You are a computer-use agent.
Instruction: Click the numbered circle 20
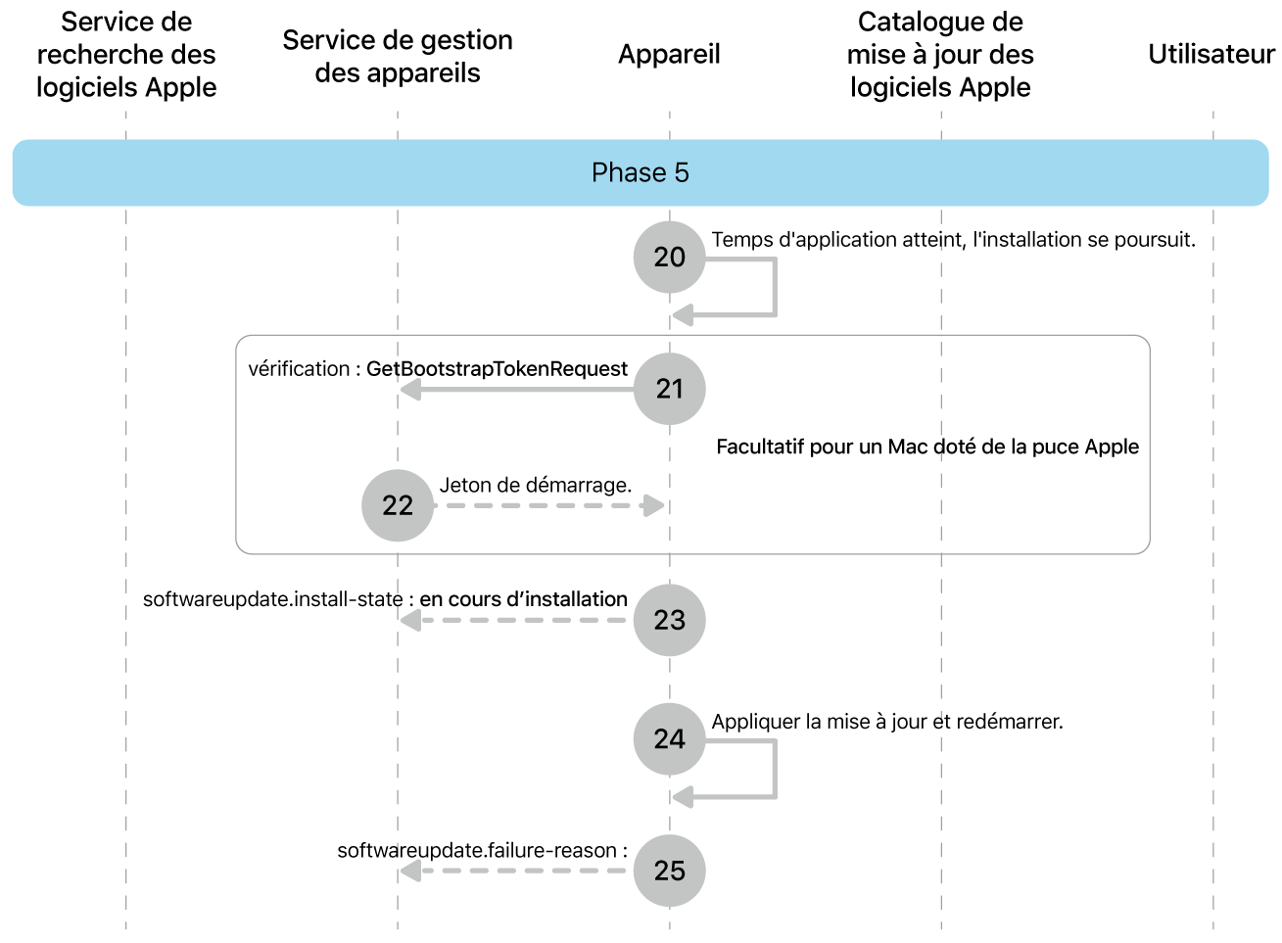coord(669,257)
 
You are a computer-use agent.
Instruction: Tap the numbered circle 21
coord(669,389)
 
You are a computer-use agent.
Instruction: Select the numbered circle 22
coord(398,505)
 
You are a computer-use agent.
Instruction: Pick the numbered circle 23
coord(669,620)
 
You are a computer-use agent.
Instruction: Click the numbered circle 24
coord(669,738)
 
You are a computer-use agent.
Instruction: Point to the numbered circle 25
coord(669,871)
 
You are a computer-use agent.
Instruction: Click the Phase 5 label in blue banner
coord(641,173)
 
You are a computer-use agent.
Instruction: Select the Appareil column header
coord(669,55)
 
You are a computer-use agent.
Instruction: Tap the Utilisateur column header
coord(1211,55)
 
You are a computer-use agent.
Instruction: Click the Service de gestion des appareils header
coord(398,56)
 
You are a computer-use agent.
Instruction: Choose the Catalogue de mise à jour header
coord(940,55)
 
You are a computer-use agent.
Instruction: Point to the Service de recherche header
coord(126,55)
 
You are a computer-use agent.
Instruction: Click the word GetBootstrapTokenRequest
coord(497,369)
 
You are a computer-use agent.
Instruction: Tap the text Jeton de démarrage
coord(535,486)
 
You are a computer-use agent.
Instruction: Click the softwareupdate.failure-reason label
coord(482,851)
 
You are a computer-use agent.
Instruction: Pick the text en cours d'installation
coord(523,599)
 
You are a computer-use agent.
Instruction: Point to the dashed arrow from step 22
coord(548,506)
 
